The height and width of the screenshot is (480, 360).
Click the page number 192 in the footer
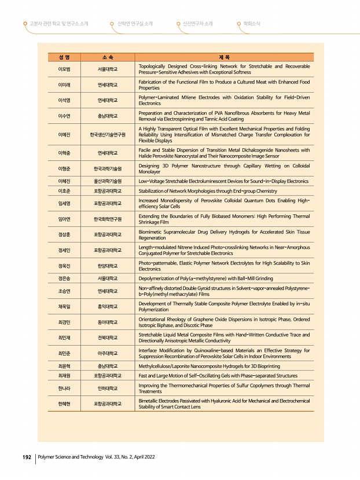(26, 457)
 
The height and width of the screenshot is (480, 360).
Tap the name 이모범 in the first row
(64, 69)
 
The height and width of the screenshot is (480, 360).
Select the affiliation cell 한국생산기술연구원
(108, 134)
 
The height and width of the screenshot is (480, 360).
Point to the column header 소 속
(108, 57)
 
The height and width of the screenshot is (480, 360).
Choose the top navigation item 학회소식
(252, 24)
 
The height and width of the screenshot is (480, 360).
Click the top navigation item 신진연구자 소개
(197, 24)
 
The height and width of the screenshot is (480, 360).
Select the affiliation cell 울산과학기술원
(108, 181)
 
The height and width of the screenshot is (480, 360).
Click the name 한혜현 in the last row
(64, 404)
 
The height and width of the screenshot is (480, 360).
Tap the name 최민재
(64, 337)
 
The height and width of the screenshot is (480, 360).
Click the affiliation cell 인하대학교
(108, 388)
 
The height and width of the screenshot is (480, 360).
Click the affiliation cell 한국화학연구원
(108, 219)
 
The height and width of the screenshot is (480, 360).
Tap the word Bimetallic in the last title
(150, 401)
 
